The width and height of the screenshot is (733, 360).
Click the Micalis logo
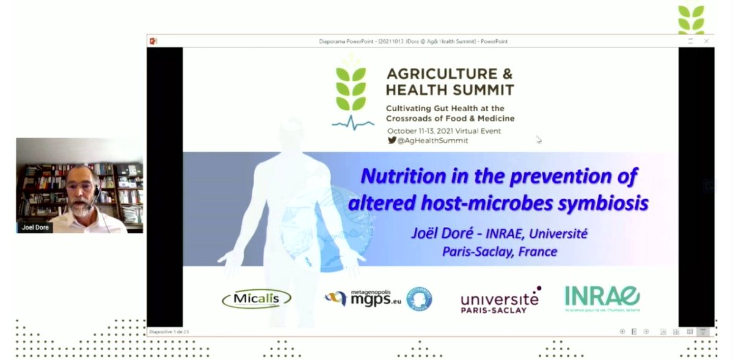[x=257, y=298]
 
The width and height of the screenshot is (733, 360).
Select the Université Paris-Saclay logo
[x=500, y=299]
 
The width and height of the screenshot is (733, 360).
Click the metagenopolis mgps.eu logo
[x=366, y=298]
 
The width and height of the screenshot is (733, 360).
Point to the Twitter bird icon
[x=392, y=140]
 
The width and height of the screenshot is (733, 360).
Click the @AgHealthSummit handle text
[x=432, y=140]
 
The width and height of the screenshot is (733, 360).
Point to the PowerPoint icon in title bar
[x=153, y=41]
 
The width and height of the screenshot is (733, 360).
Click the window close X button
[x=706, y=41]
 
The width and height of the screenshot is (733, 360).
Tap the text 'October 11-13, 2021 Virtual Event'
[x=443, y=131]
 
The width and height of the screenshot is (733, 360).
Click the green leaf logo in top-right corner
[x=691, y=18]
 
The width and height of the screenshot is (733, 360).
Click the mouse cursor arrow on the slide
[x=538, y=139]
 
